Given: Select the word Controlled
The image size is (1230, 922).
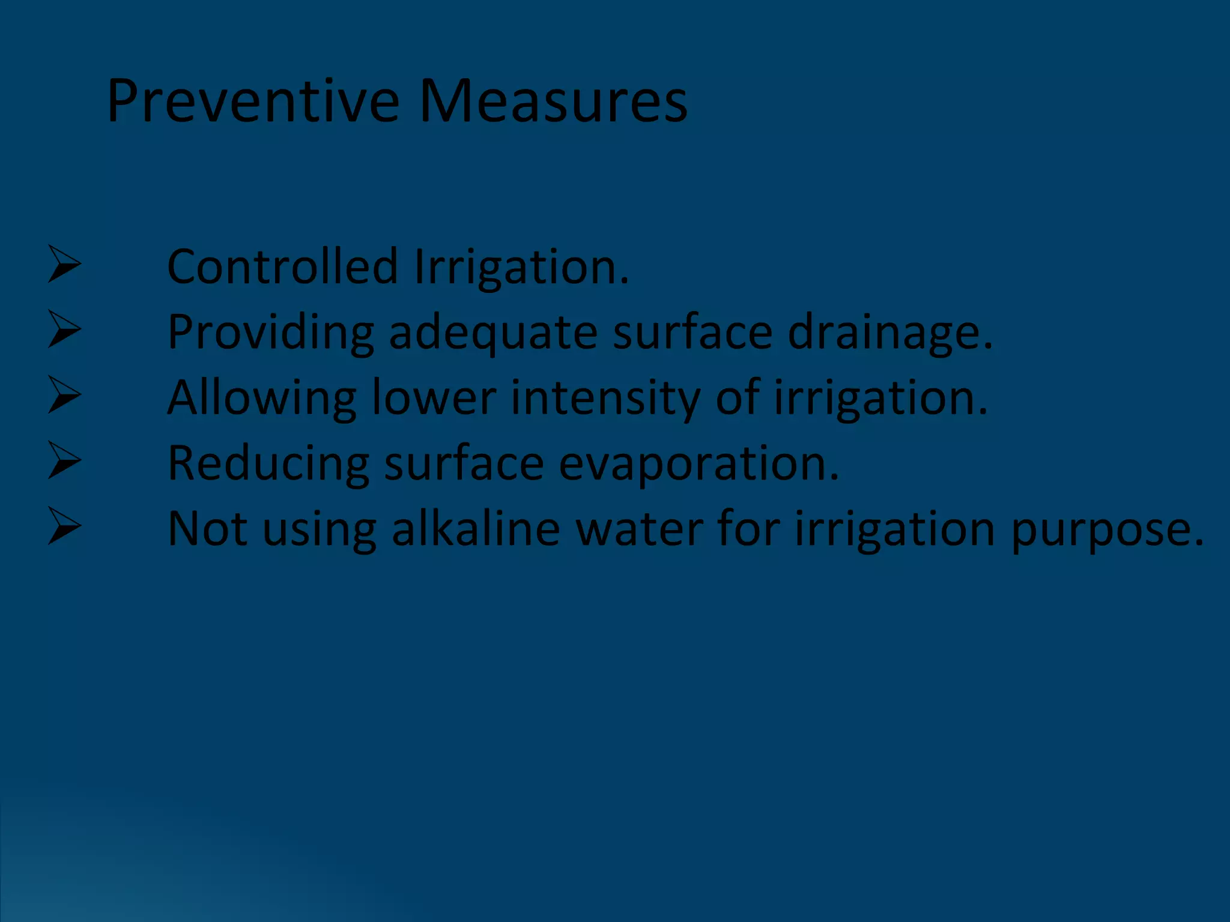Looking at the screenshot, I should [x=282, y=267].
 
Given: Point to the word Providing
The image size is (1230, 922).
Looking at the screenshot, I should [x=270, y=333].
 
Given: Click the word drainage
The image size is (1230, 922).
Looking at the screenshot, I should [x=889, y=333].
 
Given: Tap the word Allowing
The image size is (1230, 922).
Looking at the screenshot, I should [x=262, y=399].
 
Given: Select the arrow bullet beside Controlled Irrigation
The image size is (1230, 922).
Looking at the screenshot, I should [x=64, y=264].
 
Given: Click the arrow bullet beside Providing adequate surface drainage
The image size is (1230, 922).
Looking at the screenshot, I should [x=64, y=330].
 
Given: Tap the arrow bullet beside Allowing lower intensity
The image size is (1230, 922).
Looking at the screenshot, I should [x=64, y=395].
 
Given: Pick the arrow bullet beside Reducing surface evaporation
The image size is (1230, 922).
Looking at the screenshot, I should [x=64, y=460].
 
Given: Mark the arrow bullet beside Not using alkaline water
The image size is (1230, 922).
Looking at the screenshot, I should [x=64, y=526].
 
